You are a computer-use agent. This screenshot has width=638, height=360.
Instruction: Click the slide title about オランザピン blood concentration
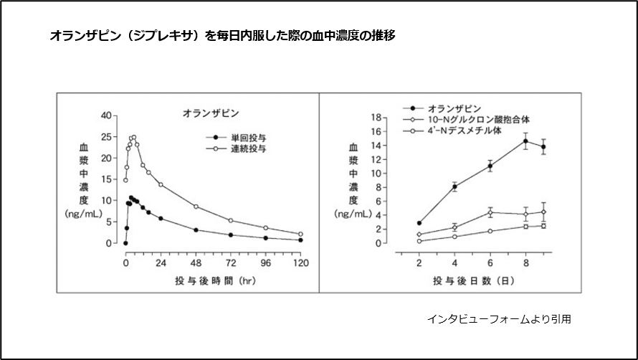[222, 34]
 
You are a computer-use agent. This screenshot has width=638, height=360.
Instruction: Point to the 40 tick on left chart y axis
[106, 115]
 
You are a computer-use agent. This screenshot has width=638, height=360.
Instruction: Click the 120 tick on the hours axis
[300, 262]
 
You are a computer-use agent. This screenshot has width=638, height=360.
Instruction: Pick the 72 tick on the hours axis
[230, 262]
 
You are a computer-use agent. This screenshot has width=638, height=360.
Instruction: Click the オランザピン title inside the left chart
[209, 113]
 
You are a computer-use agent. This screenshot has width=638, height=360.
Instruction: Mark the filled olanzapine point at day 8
[525, 141]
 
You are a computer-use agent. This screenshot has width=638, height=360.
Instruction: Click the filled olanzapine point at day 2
[419, 223]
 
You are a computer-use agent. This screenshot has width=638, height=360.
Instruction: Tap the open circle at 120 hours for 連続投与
[300, 234]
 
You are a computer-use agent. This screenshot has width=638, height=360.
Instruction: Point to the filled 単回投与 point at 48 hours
[196, 230]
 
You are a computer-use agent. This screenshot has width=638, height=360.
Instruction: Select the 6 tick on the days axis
[490, 262]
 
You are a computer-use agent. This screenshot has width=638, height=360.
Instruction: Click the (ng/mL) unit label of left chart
[83, 214]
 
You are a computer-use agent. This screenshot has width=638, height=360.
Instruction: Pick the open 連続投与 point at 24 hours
[161, 184]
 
